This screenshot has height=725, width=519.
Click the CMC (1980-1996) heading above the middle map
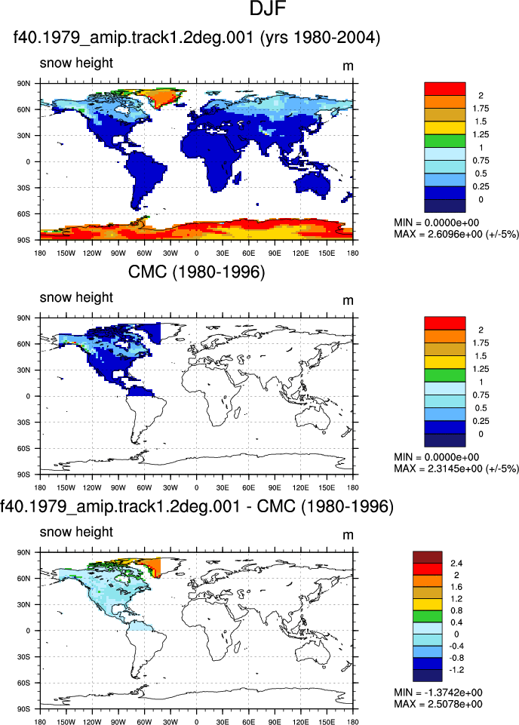point(196,272)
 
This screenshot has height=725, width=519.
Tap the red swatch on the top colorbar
point(444,89)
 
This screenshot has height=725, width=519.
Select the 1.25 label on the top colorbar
point(481,134)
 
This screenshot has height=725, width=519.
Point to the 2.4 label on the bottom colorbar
point(456,563)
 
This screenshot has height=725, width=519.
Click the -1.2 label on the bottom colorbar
point(456,669)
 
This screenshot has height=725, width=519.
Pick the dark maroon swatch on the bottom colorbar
point(428,558)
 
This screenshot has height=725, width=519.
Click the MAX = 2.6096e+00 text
point(437,234)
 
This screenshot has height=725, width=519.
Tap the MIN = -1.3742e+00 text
point(438,692)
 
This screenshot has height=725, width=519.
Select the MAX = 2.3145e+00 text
point(437,468)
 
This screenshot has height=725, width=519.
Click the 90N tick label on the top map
point(24,84)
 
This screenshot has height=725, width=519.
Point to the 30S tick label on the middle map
point(24,422)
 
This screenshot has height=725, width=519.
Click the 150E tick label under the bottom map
point(327,722)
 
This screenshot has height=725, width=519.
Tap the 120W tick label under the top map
point(92,253)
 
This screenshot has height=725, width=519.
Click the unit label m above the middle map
point(348,300)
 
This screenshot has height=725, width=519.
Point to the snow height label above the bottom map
point(76,532)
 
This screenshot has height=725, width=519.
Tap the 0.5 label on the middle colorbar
point(481,408)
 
